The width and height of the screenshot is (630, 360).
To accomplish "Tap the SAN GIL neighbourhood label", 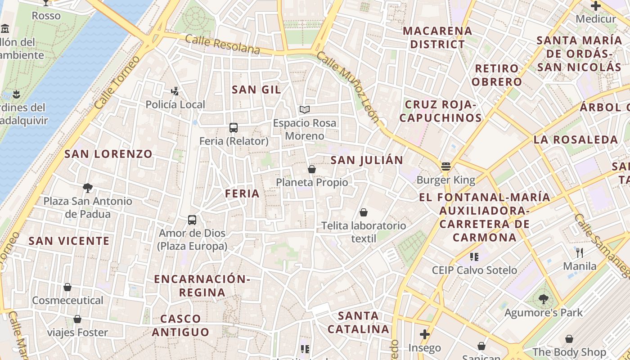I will [x=256, y=90].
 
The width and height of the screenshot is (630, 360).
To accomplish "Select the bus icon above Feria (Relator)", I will [x=233, y=128].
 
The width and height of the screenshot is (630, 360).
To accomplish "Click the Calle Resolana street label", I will [x=223, y=44].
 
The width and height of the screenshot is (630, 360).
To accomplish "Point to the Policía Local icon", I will [x=175, y=91].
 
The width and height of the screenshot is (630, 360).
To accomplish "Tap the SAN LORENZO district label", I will [x=108, y=154].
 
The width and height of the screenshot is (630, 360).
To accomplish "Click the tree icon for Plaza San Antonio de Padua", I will [x=88, y=188].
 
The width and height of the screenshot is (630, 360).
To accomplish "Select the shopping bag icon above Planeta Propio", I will [x=311, y=169].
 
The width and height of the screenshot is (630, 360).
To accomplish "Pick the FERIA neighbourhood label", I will [x=243, y=193].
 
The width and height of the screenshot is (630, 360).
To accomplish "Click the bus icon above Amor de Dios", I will [x=192, y=220].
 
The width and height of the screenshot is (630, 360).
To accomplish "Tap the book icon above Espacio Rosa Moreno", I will [x=305, y=109].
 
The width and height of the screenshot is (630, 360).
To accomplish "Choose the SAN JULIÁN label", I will [x=367, y=160].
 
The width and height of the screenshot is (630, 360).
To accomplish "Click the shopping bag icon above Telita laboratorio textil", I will [x=363, y=212].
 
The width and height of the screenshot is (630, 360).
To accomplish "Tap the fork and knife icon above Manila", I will [x=580, y=252].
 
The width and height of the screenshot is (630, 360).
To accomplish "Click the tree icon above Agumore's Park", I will [x=543, y=299].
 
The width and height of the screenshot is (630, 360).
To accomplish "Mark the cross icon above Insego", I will [x=424, y=334].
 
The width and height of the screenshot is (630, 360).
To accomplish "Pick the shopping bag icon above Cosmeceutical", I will [x=67, y=287].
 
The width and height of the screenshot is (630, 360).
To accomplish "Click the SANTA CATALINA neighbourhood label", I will [x=359, y=322].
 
